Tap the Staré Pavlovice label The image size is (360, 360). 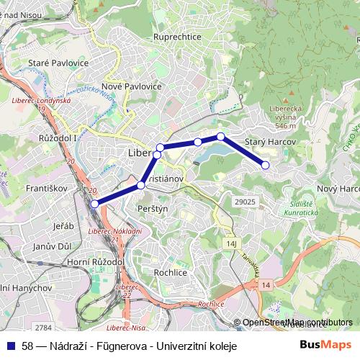57,63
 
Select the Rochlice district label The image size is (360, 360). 171,273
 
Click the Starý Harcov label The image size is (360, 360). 271,143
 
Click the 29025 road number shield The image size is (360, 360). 245,202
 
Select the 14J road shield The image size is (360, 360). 231,244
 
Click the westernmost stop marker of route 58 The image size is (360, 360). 94,204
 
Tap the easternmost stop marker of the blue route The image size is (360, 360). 265,165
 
